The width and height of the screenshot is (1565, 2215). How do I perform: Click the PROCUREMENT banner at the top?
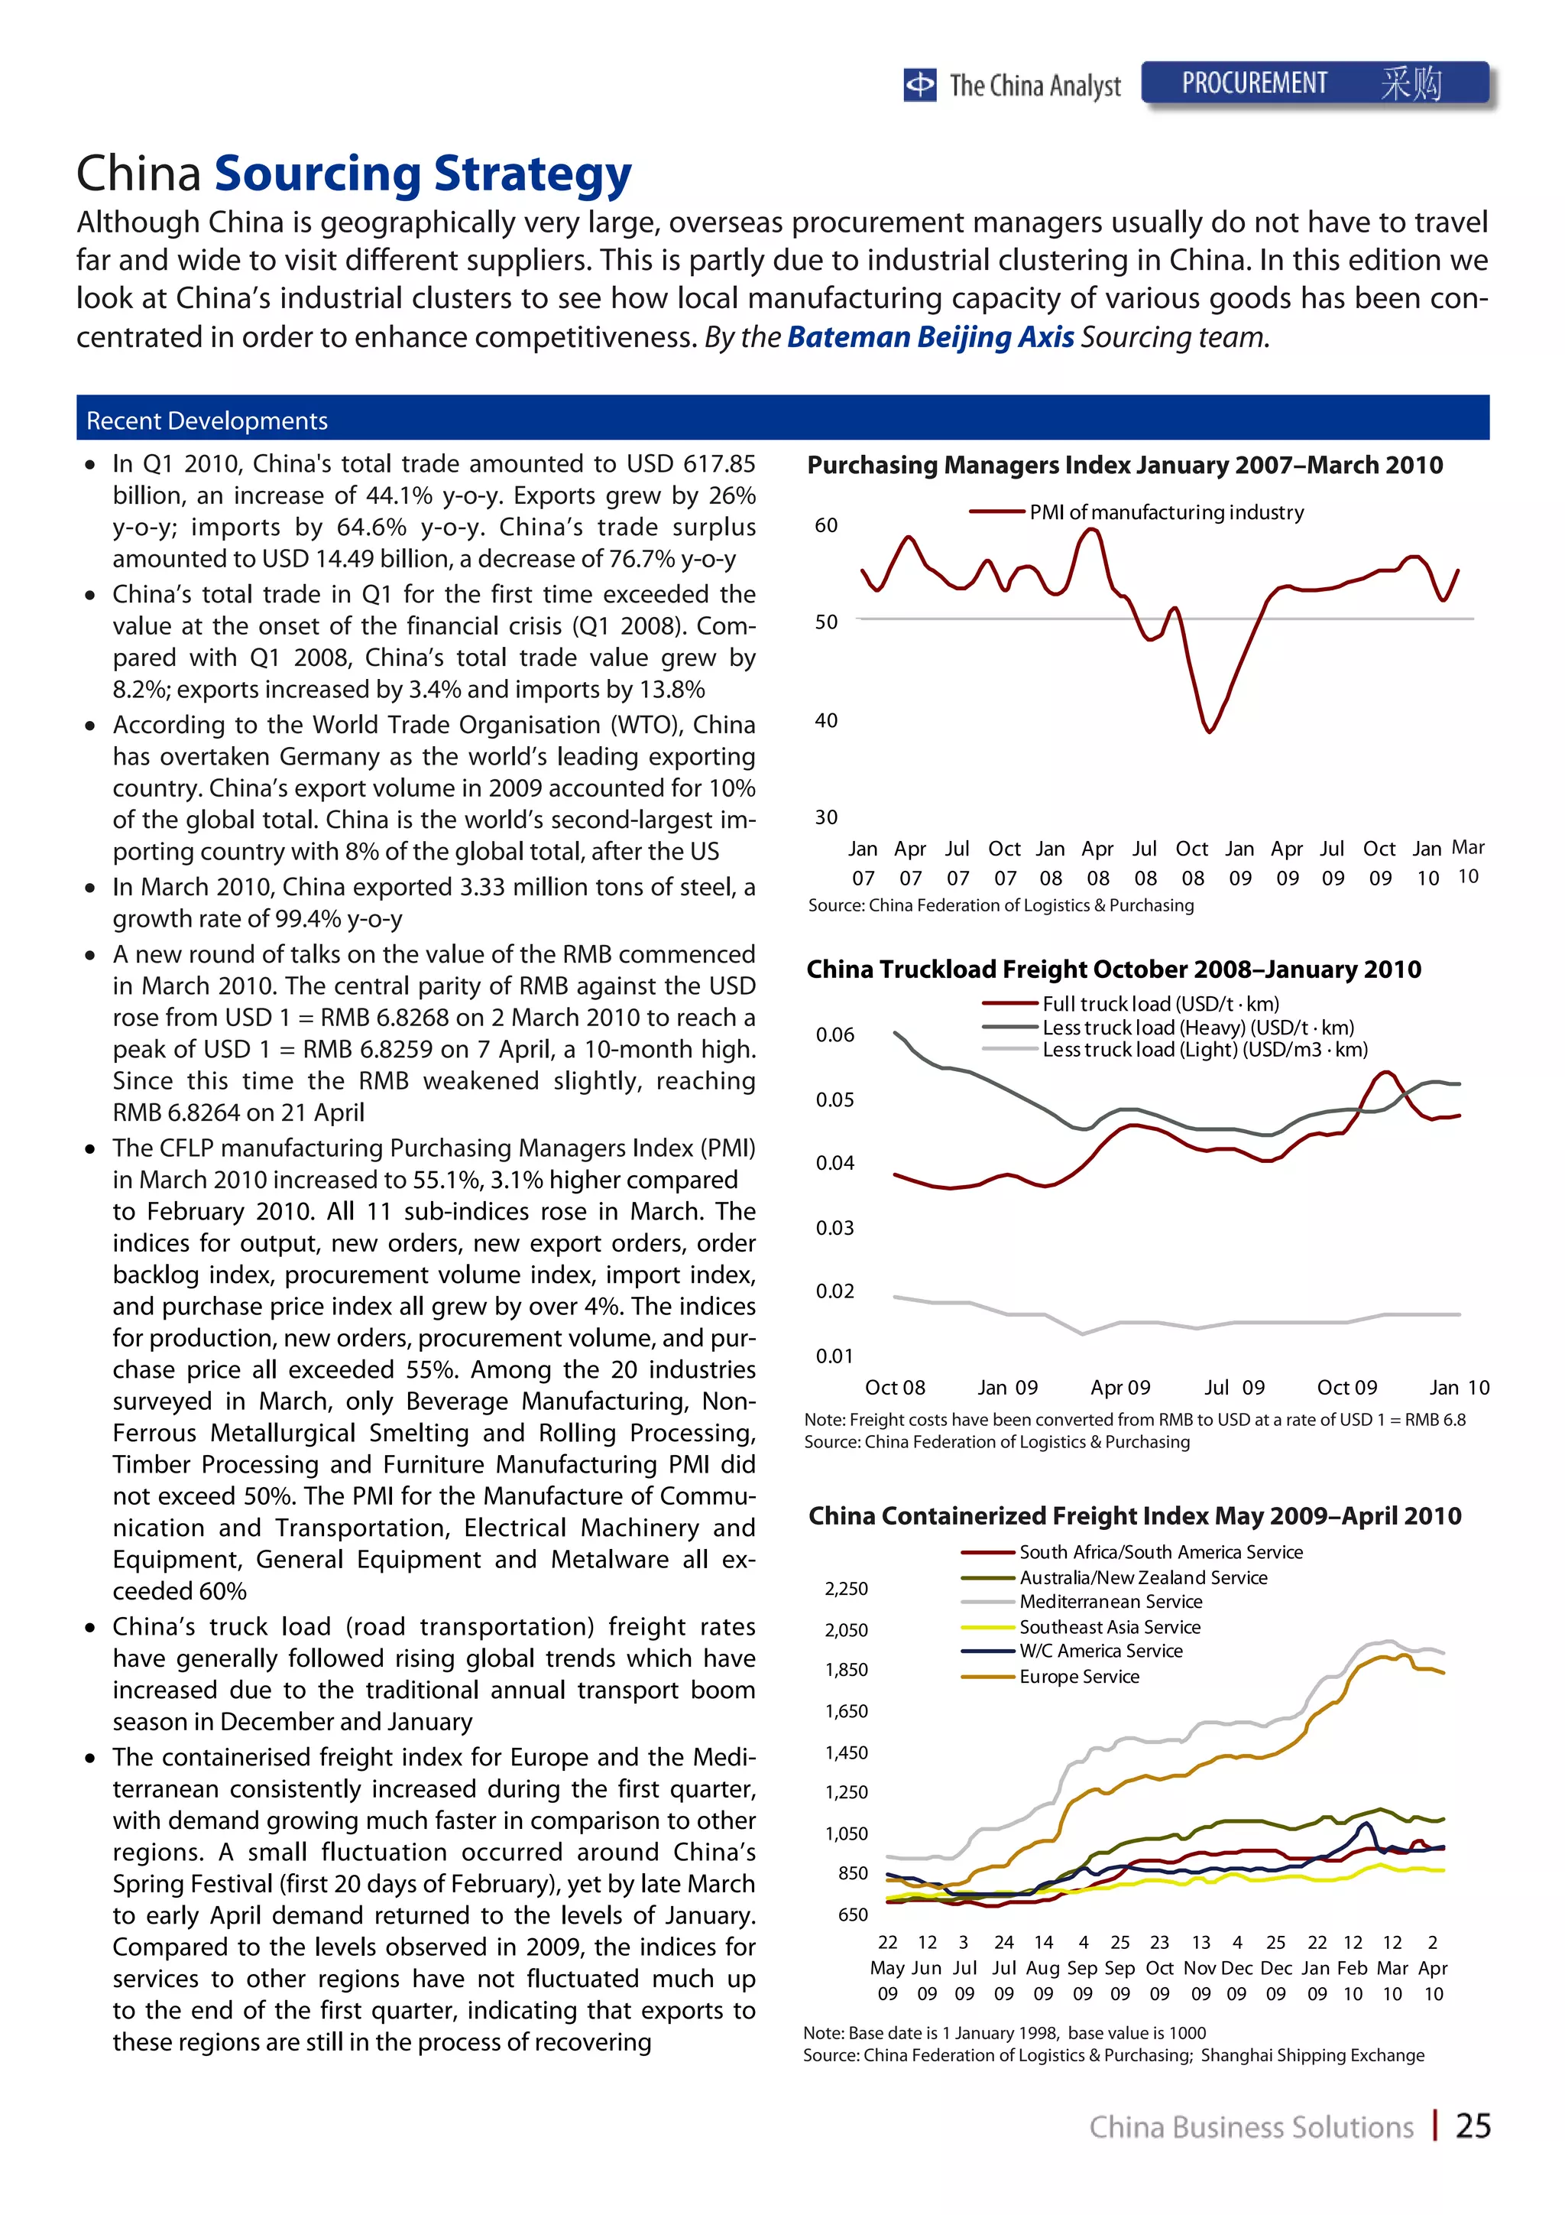tap(1315, 84)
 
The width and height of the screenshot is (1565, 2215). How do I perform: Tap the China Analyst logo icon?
tap(920, 85)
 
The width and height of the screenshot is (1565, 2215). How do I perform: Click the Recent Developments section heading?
tap(207, 421)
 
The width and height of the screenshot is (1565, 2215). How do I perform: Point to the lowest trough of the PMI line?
tap(1209, 731)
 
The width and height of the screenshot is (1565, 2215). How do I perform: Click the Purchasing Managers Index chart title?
tap(1124, 465)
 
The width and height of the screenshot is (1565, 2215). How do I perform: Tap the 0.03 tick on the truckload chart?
tap(835, 1228)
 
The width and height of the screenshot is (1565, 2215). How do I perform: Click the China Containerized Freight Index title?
tap(1134, 1516)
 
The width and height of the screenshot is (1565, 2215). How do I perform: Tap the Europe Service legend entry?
tap(1079, 1677)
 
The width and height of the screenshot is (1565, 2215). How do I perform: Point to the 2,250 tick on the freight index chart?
tap(846, 1589)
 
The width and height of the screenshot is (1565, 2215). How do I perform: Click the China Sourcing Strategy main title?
tap(354, 174)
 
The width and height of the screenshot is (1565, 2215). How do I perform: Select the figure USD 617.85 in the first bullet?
tap(689, 464)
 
